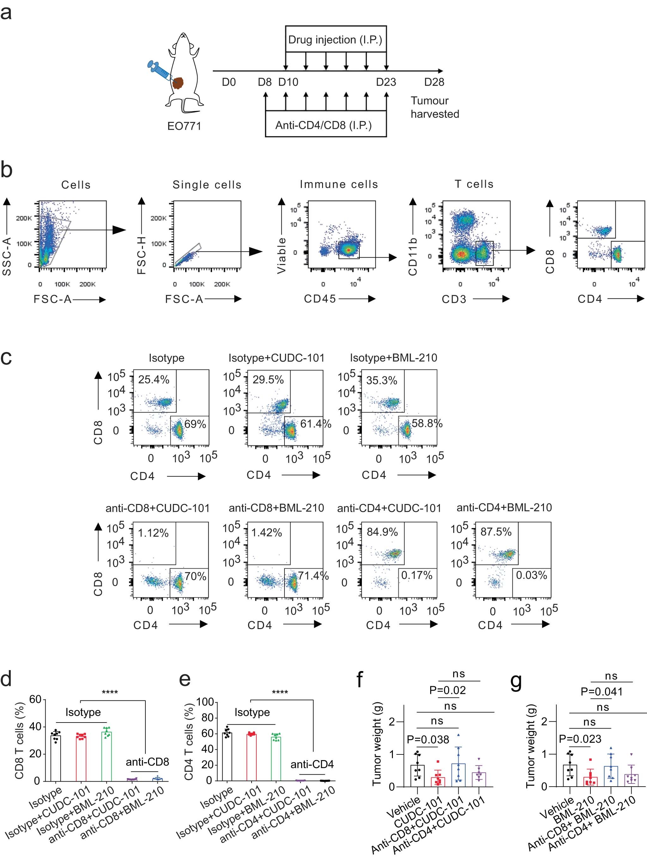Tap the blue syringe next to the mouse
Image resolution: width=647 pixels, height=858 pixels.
(x=159, y=70)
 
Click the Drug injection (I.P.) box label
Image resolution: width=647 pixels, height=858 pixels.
(x=335, y=39)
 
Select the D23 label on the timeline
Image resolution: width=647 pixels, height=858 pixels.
(x=386, y=82)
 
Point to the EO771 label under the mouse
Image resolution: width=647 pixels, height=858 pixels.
(x=184, y=126)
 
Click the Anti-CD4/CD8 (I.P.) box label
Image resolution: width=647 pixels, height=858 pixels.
(x=323, y=125)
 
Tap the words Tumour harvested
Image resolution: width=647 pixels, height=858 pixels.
(x=434, y=107)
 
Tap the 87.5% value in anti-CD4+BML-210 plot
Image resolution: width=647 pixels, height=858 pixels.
(x=496, y=532)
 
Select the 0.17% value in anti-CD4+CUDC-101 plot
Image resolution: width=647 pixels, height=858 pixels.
(x=417, y=575)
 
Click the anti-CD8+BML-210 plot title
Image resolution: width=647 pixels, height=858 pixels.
(x=276, y=508)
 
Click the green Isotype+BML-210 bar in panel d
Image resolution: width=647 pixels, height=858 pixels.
(x=106, y=757)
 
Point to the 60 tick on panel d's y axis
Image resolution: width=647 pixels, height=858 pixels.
(x=35, y=700)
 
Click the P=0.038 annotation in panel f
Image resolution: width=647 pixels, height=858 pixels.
(x=428, y=740)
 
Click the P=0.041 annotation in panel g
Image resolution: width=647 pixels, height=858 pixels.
(x=601, y=692)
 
